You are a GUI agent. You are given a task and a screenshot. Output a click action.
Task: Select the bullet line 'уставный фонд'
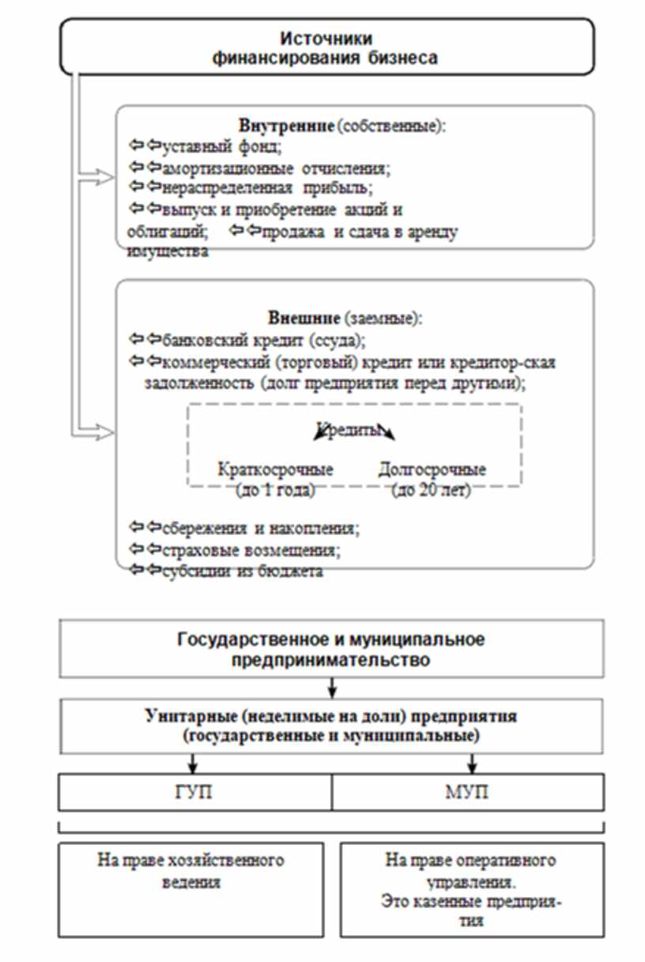click(x=222, y=146)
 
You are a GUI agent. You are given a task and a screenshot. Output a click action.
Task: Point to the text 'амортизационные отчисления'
click(x=277, y=168)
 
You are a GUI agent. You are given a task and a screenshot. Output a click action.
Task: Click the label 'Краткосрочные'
click(x=275, y=470)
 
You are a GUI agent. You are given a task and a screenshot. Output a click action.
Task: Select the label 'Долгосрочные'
click(x=432, y=470)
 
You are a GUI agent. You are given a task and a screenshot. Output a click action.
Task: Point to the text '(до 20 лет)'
click(x=432, y=490)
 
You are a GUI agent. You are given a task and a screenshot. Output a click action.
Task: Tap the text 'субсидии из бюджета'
click(x=243, y=571)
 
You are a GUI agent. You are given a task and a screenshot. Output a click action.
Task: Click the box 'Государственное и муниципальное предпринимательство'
click(x=330, y=649)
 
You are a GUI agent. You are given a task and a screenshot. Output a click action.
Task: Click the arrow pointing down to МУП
click(x=473, y=764)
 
